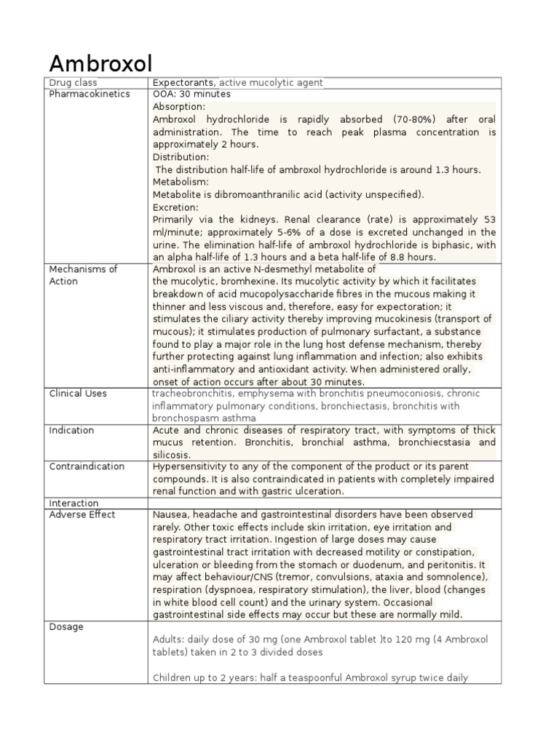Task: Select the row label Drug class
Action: click(73, 83)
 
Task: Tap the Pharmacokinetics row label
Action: click(89, 94)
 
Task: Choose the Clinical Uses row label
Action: click(77, 394)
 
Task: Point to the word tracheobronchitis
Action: click(191, 394)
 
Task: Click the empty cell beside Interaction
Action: click(322, 503)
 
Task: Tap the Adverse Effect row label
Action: click(82, 515)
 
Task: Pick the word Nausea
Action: click(170, 515)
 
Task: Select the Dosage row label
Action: click(66, 627)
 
